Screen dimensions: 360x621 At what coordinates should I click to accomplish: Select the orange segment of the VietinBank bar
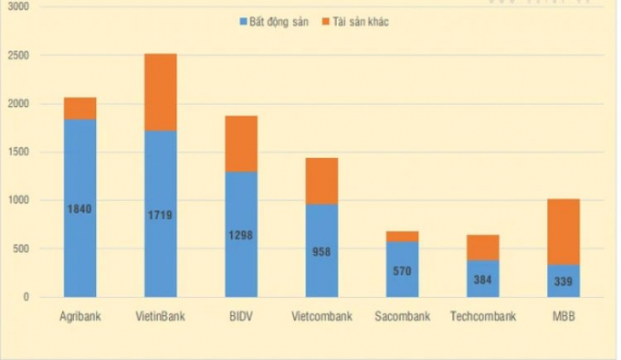pyautogui.click(x=161, y=91)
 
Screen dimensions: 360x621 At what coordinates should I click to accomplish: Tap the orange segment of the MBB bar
pyautogui.click(x=563, y=231)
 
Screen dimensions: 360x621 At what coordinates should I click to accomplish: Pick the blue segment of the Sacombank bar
pyautogui.click(x=402, y=270)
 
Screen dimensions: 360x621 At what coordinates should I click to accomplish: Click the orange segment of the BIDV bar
pyautogui.click(x=241, y=143)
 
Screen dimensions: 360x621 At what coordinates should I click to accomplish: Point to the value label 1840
pyautogui.click(x=79, y=209)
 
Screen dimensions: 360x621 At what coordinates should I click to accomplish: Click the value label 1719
pyautogui.click(x=161, y=216)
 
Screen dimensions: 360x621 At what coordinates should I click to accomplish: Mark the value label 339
pyautogui.click(x=563, y=281)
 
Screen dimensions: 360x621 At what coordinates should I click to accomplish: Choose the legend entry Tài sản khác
pyautogui.click(x=357, y=20)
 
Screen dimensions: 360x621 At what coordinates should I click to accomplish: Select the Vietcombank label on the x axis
pyautogui.click(x=321, y=317)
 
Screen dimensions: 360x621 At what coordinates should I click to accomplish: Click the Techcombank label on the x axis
pyautogui.click(x=483, y=317)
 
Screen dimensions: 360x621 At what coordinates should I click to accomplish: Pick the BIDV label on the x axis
pyautogui.click(x=241, y=317)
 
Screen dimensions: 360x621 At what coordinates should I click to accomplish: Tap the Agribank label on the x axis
pyautogui.click(x=79, y=317)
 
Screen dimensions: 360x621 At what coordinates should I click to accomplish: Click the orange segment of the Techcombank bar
pyautogui.click(x=483, y=247)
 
